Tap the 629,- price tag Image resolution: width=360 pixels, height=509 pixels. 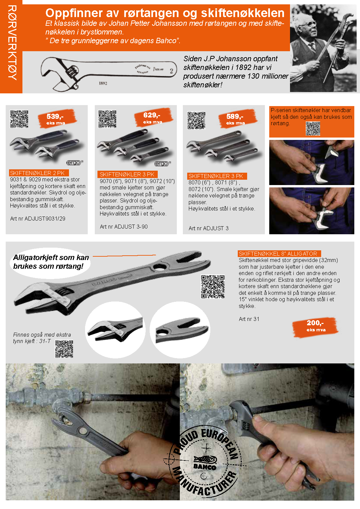coord(153,117)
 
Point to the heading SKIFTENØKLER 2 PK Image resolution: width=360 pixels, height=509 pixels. coord(37,173)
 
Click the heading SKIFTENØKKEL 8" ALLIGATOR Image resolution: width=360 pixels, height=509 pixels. coord(278,254)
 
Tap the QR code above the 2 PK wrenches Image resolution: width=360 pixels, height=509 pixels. coord(19,119)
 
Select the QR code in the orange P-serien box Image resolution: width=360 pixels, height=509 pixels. coord(313,129)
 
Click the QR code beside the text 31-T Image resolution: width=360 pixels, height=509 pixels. coord(64,349)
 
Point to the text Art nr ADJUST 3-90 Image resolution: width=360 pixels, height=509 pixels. coord(124,227)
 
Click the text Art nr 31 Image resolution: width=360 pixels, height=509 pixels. coord(249,319)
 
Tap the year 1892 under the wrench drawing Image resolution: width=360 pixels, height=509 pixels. coord(103,83)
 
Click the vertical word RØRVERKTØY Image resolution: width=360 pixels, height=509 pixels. coord(12,43)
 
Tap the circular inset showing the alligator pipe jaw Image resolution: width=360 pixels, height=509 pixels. coord(180,330)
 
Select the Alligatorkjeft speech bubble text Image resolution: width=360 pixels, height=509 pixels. coord(51,262)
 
